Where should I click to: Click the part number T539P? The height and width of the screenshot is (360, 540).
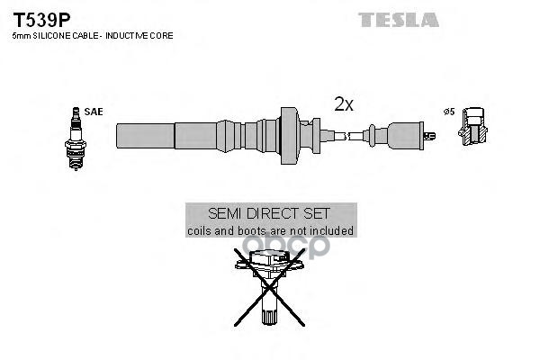point(41,20)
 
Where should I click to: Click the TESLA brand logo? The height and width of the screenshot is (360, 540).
point(399,20)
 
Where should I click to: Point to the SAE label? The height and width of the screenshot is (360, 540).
point(94,112)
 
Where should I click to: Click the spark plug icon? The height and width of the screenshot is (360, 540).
point(76,139)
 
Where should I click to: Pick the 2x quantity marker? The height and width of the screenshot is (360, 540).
point(344,103)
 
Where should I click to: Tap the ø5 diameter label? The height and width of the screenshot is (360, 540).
point(449,112)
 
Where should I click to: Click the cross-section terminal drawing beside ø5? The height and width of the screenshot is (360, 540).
point(472,126)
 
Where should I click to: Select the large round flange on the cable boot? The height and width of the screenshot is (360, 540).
point(289,136)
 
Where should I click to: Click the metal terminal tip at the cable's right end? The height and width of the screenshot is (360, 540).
point(430,136)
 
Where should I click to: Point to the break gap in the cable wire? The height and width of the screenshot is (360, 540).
point(346,136)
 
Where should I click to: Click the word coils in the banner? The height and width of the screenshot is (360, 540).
point(199,230)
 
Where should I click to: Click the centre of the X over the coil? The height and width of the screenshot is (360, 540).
point(269,287)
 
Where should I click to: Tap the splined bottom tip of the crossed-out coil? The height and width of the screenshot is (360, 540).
point(269,317)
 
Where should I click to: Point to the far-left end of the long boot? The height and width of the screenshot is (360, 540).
point(117,136)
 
